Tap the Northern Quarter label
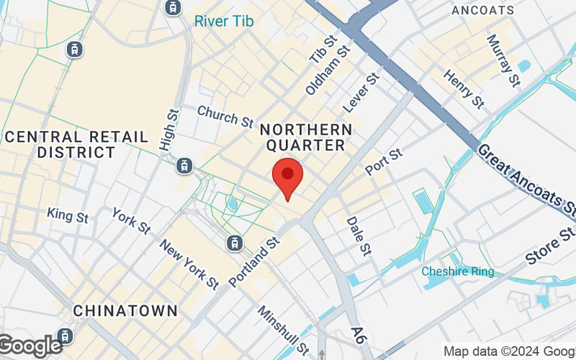coord(306,137)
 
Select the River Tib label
coord(223,22)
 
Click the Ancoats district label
coord(482,10)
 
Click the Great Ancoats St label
coord(527,183)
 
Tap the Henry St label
coord(464,89)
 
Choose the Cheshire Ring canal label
coord(458,271)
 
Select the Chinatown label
coord(125,311)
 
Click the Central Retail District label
coord(76,144)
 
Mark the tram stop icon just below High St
coord(186,165)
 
